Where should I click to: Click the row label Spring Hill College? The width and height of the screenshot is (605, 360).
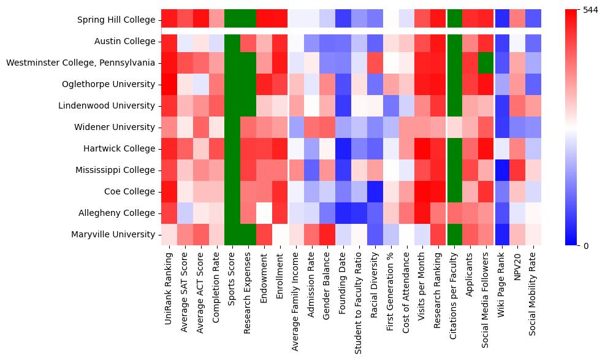point(116,20)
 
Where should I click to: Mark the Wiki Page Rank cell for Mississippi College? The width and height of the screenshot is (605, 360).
point(502,170)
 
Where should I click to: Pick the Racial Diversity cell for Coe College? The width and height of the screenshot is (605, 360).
point(375,192)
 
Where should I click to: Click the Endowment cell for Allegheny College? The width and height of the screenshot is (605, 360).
point(264,213)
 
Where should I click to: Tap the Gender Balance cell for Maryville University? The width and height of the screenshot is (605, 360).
point(327,235)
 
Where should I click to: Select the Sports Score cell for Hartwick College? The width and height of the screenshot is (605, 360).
point(232,149)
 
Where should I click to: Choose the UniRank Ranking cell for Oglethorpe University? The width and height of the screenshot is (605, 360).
point(169,85)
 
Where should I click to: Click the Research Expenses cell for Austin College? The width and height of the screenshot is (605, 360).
point(248,42)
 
